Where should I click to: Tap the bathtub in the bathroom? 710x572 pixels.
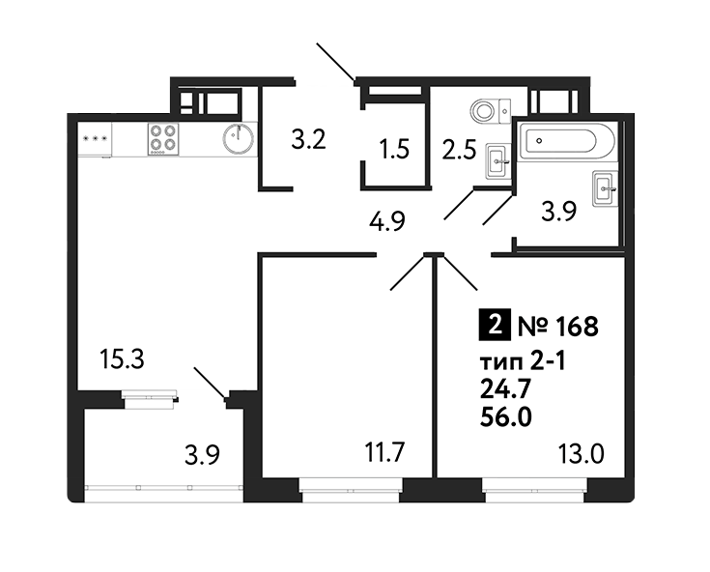[567, 140]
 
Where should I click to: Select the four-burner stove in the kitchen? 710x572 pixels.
[163, 139]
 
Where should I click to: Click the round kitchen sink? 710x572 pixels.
[239, 137]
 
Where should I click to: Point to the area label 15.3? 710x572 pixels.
[123, 359]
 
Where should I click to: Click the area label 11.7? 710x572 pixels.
[384, 452]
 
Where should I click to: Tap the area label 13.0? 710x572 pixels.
[581, 454]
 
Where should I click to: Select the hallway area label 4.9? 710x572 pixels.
[386, 221]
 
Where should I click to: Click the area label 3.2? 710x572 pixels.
[308, 139]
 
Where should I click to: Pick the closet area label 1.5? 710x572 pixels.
[395, 150]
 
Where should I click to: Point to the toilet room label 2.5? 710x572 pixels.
[459, 150]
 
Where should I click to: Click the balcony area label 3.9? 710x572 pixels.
[202, 455]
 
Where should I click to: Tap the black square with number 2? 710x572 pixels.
[495, 325]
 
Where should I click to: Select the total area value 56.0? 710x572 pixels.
[505, 417]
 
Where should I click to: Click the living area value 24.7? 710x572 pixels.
[505, 389]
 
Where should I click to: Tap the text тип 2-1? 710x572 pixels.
[523, 362]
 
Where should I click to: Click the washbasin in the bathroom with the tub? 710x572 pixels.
[605, 188]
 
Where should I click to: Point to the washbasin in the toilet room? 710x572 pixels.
[498, 161]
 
